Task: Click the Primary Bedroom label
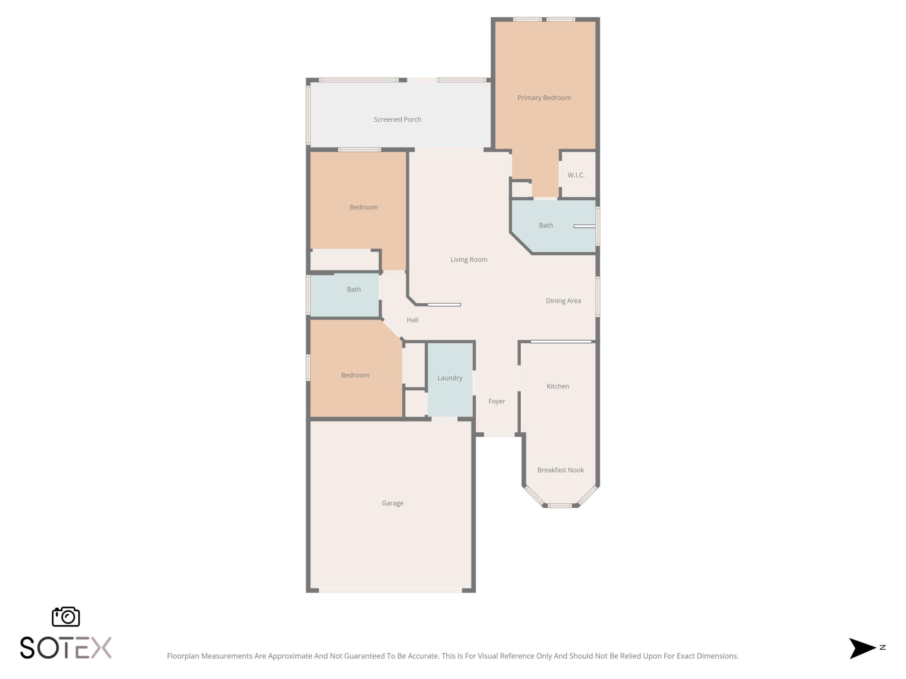pyautogui.click(x=544, y=97)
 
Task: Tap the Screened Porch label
pyautogui.click(x=397, y=119)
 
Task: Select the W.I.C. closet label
pyautogui.click(x=576, y=175)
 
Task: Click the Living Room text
pyautogui.click(x=468, y=259)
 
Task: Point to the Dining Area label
pyautogui.click(x=563, y=301)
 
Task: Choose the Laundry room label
pyautogui.click(x=450, y=378)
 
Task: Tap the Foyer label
pyautogui.click(x=496, y=401)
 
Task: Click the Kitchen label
pyautogui.click(x=558, y=386)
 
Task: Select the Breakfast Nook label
pyautogui.click(x=560, y=470)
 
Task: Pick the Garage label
pyautogui.click(x=392, y=503)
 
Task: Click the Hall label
pyautogui.click(x=412, y=320)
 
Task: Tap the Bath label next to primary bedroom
pyautogui.click(x=545, y=225)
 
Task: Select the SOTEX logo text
pyautogui.click(x=65, y=648)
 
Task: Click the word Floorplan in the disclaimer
pyautogui.click(x=183, y=656)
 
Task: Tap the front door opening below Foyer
pyautogui.click(x=499, y=434)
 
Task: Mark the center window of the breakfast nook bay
pyautogui.click(x=560, y=506)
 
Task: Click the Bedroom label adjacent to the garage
pyautogui.click(x=355, y=375)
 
